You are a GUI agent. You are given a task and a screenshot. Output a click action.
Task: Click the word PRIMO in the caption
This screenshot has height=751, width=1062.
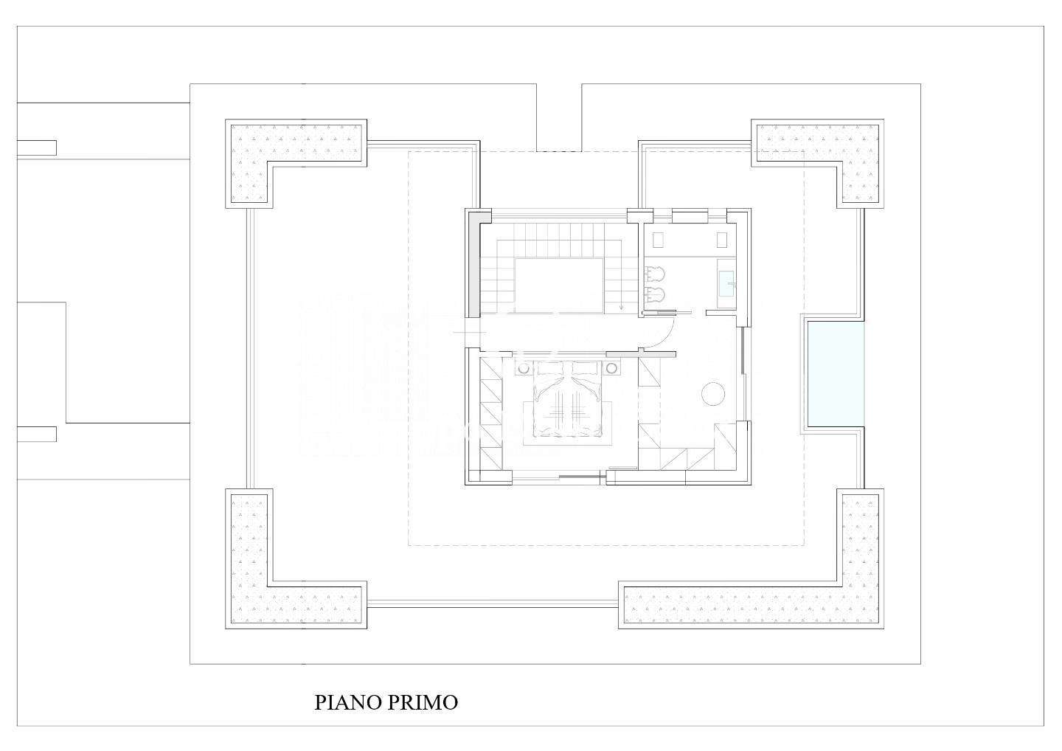(423, 702)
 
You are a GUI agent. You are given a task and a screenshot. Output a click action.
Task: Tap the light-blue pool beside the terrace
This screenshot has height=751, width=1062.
(836, 374)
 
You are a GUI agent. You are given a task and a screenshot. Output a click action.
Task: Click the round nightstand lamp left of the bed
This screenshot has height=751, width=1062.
(524, 368)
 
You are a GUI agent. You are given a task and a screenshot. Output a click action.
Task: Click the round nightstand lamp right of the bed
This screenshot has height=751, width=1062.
(611, 368)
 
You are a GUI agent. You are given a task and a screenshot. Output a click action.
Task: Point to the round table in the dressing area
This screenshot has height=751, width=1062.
(713, 393)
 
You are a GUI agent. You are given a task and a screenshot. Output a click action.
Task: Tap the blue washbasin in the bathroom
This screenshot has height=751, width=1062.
(726, 283)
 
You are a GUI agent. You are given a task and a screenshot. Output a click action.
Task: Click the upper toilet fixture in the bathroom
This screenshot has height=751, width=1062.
(655, 274)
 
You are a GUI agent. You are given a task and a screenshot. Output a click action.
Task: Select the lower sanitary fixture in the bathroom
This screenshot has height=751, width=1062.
(655, 295)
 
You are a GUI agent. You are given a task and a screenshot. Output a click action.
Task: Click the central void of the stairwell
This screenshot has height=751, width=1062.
(559, 285)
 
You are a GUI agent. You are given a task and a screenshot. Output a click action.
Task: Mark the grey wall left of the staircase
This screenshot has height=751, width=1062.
(474, 266)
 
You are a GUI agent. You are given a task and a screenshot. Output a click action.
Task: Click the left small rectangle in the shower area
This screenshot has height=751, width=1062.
(658, 240)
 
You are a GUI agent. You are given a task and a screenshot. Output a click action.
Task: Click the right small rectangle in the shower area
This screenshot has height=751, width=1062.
(721, 240)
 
